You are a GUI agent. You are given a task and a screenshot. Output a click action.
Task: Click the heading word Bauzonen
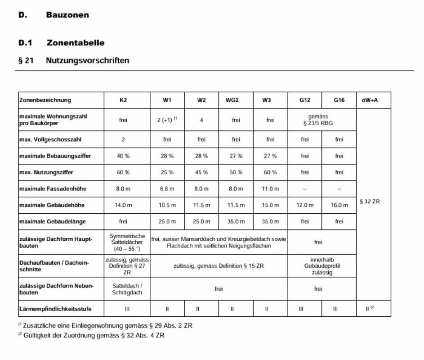point(67,15)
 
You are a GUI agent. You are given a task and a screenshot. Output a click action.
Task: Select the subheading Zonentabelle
point(75,43)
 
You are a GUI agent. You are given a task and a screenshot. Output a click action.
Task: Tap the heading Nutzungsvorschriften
point(87,60)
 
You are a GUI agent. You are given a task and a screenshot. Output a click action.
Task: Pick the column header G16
point(339,100)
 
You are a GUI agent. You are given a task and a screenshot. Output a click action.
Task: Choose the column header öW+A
point(369,100)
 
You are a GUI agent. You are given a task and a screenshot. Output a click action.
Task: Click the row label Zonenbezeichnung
point(45,100)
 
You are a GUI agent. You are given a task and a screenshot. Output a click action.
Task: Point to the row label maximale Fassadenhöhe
point(53,189)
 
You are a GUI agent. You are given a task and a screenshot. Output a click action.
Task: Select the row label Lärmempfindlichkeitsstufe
point(55,309)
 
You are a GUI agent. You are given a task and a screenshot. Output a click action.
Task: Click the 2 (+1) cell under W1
point(167,120)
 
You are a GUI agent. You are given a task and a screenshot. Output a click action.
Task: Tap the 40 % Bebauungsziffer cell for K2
point(123,156)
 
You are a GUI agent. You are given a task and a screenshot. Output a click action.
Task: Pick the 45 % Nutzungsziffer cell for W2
point(201,172)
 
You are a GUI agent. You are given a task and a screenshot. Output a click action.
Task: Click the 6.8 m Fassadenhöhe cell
point(167,189)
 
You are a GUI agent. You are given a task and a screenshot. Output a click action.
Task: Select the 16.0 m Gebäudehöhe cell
point(339,205)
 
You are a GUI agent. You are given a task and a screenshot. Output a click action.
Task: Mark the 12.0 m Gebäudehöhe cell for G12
point(305,205)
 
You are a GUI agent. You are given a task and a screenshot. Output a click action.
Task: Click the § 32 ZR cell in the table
point(370,202)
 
